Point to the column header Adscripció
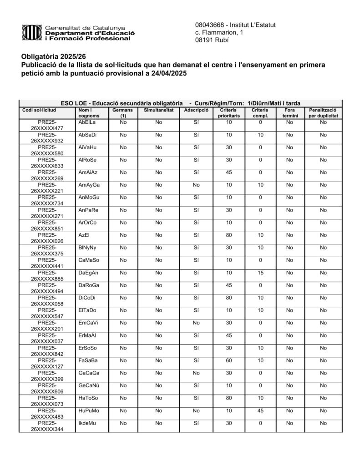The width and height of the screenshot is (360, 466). pos(196,110)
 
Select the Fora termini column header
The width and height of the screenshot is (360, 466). pos(289,113)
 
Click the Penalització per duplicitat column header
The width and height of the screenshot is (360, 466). pos(323,113)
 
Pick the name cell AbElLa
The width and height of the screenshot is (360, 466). pos(87,122)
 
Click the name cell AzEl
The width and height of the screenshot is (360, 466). pos(83,235)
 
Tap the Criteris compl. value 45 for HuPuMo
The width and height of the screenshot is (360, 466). pos(260,410)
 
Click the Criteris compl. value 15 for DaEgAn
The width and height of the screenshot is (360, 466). pos(260,273)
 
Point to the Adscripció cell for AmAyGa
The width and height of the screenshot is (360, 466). pos(196,185)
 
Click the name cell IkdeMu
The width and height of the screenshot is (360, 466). pos(87,423)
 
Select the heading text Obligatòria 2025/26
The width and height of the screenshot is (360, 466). pos(53,56)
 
